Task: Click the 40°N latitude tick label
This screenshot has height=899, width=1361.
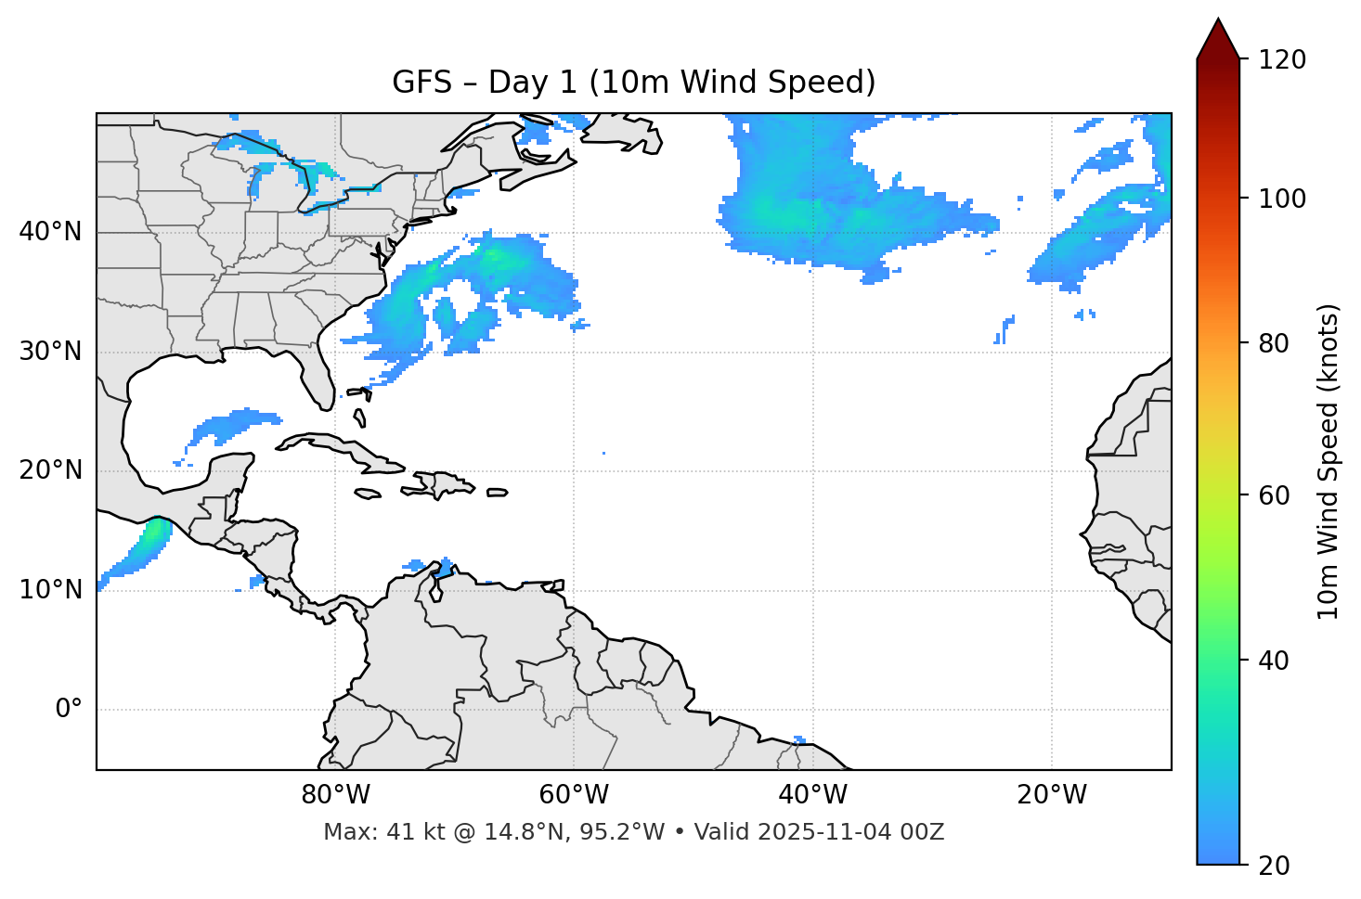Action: point(50,232)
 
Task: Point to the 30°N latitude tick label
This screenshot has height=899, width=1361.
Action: point(50,352)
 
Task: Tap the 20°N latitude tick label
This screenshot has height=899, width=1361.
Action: point(50,470)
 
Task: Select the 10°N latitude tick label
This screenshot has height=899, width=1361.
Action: point(50,590)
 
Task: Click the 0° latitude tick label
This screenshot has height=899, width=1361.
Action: point(69,710)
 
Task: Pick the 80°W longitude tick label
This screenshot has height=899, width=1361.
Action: point(335,795)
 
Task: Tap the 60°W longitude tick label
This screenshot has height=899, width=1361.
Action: point(574,795)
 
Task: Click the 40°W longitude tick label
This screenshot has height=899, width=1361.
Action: point(812,795)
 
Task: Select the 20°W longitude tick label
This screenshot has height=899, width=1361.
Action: point(1051,795)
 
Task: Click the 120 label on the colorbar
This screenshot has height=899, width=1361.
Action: point(1282,60)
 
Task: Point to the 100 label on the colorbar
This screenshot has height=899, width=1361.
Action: point(1282,199)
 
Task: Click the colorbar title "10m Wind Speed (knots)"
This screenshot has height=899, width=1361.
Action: point(1329,461)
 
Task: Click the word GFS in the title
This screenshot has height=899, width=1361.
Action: point(421,83)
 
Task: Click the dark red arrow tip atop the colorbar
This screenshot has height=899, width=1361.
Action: point(1218,37)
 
